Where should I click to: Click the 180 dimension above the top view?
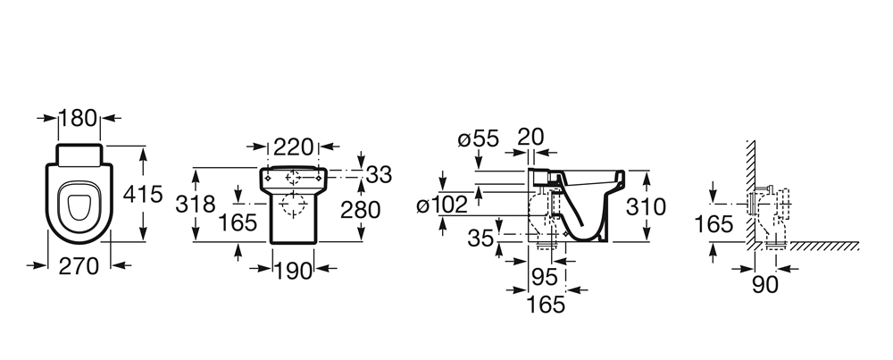(x=79, y=118)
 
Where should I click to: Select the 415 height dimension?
(x=143, y=194)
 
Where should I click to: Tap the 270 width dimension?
(x=79, y=265)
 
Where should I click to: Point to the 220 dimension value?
(x=293, y=147)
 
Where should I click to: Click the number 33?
(x=379, y=175)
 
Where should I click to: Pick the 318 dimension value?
(x=196, y=204)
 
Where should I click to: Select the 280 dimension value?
(x=361, y=210)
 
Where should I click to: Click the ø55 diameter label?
(x=478, y=138)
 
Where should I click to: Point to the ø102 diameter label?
(x=442, y=205)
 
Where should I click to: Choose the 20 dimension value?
(x=530, y=137)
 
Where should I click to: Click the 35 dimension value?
(x=480, y=239)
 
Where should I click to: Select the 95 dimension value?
(x=545, y=278)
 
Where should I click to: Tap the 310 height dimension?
(x=646, y=206)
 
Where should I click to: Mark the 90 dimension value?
(x=765, y=285)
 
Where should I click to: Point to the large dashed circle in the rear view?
(x=293, y=205)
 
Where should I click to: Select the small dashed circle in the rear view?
(x=293, y=178)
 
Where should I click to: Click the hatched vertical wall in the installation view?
(x=751, y=194)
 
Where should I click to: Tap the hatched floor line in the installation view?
(x=824, y=246)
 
